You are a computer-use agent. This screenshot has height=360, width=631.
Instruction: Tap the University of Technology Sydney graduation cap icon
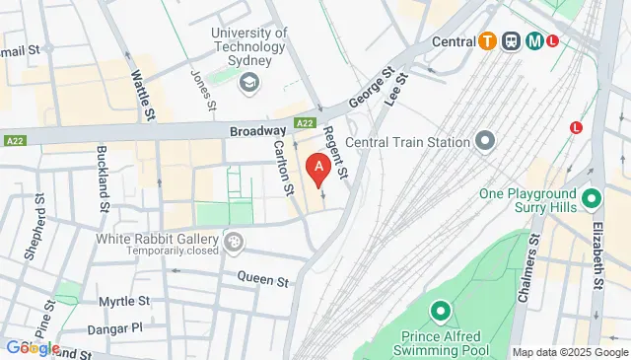249,80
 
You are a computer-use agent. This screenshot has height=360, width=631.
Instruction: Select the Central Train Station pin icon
484,142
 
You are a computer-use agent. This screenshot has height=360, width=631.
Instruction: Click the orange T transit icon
487,41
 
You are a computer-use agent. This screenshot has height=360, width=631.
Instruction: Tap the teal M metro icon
534,41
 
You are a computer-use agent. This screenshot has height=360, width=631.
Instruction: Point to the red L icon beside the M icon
553,41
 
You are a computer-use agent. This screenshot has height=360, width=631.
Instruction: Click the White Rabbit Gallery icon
234,241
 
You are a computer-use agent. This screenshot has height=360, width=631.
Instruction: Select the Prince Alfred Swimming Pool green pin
440,313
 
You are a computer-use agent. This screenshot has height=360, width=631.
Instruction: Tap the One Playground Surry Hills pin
592,199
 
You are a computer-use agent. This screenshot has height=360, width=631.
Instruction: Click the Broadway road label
257,130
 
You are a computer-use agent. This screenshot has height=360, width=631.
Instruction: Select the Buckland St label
102,180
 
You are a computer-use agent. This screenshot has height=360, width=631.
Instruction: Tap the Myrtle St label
123,301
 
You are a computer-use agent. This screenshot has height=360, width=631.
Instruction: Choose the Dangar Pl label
120,326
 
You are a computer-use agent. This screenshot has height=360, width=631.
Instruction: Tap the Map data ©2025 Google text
569,352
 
